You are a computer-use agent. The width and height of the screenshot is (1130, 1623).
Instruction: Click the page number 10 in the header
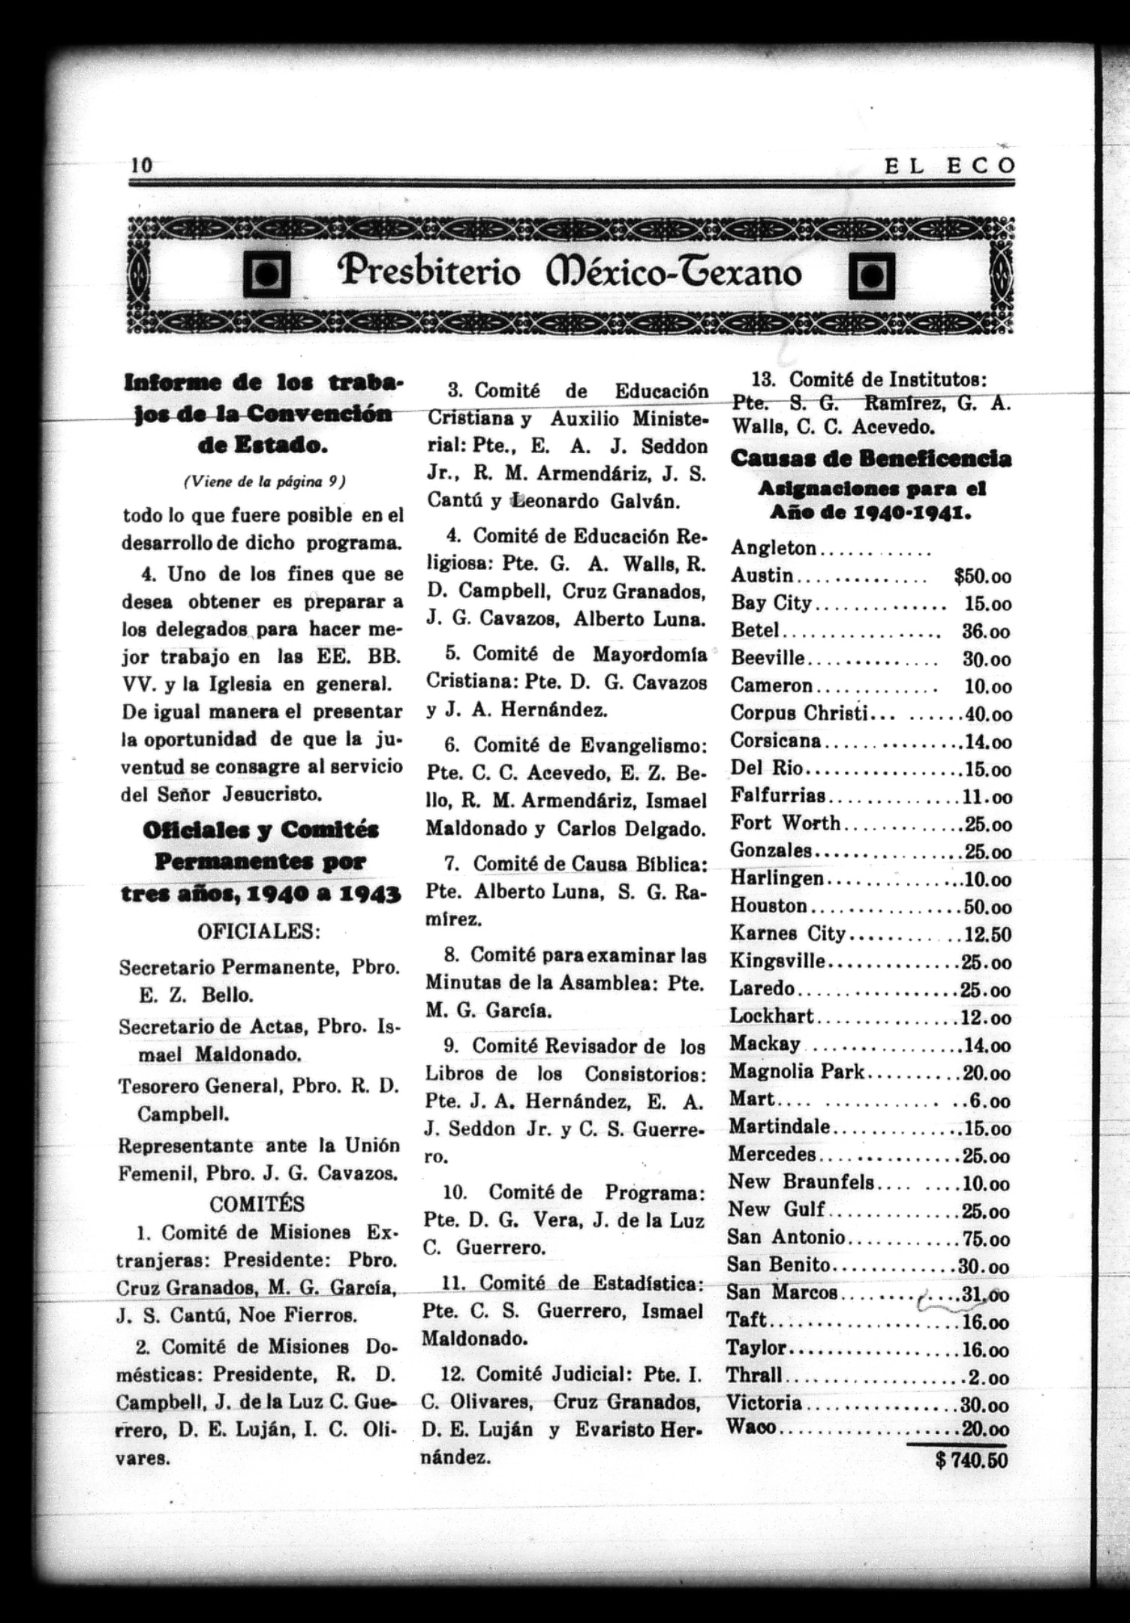point(141,165)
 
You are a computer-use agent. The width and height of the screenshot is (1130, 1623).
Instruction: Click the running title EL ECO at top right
point(949,166)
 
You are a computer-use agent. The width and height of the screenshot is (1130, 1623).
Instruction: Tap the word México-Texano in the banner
point(675,272)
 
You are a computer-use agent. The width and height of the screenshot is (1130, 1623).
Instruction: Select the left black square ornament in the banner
point(266,275)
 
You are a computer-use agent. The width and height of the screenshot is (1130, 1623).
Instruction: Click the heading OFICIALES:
point(259,932)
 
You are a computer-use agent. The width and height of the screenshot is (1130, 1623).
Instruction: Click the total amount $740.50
point(972,1461)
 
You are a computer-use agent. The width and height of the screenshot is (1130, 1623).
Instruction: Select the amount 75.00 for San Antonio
point(987,1237)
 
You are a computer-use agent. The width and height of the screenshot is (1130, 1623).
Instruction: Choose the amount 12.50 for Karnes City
point(989,934)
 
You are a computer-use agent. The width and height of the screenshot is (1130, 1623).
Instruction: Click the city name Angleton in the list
point(774,548)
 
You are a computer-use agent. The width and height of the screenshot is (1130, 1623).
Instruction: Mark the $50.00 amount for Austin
point(982,576)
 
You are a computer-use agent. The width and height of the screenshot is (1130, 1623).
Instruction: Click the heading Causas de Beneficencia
point(870,458)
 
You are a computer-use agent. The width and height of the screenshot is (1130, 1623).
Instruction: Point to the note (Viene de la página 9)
point(264,482)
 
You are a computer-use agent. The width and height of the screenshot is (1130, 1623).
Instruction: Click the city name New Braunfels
point(801,1182)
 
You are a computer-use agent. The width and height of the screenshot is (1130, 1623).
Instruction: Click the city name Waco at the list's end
point(751,1427)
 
